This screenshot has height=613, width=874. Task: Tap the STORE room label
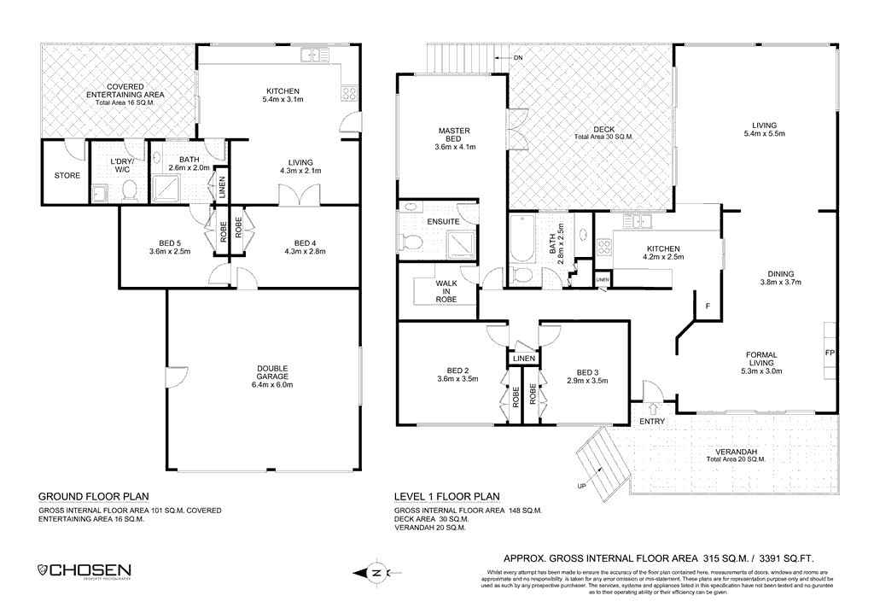[x=67, y=176]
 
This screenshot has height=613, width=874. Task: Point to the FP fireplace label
[x=829, y=353]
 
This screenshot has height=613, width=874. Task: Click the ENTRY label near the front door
[x=652, y=422]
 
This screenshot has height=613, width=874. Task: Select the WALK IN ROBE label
[x=446, y=291]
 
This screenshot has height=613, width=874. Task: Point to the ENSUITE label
[x=444, y=222]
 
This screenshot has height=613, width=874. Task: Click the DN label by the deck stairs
[x=518, y=58]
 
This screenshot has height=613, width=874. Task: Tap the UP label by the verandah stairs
[x=583, y=487]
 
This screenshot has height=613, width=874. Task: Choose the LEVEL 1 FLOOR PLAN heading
[x=446, y=496]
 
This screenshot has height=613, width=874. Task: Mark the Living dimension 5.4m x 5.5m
[x=764, y=134]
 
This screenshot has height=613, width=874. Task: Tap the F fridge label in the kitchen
[x=707, y=306]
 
